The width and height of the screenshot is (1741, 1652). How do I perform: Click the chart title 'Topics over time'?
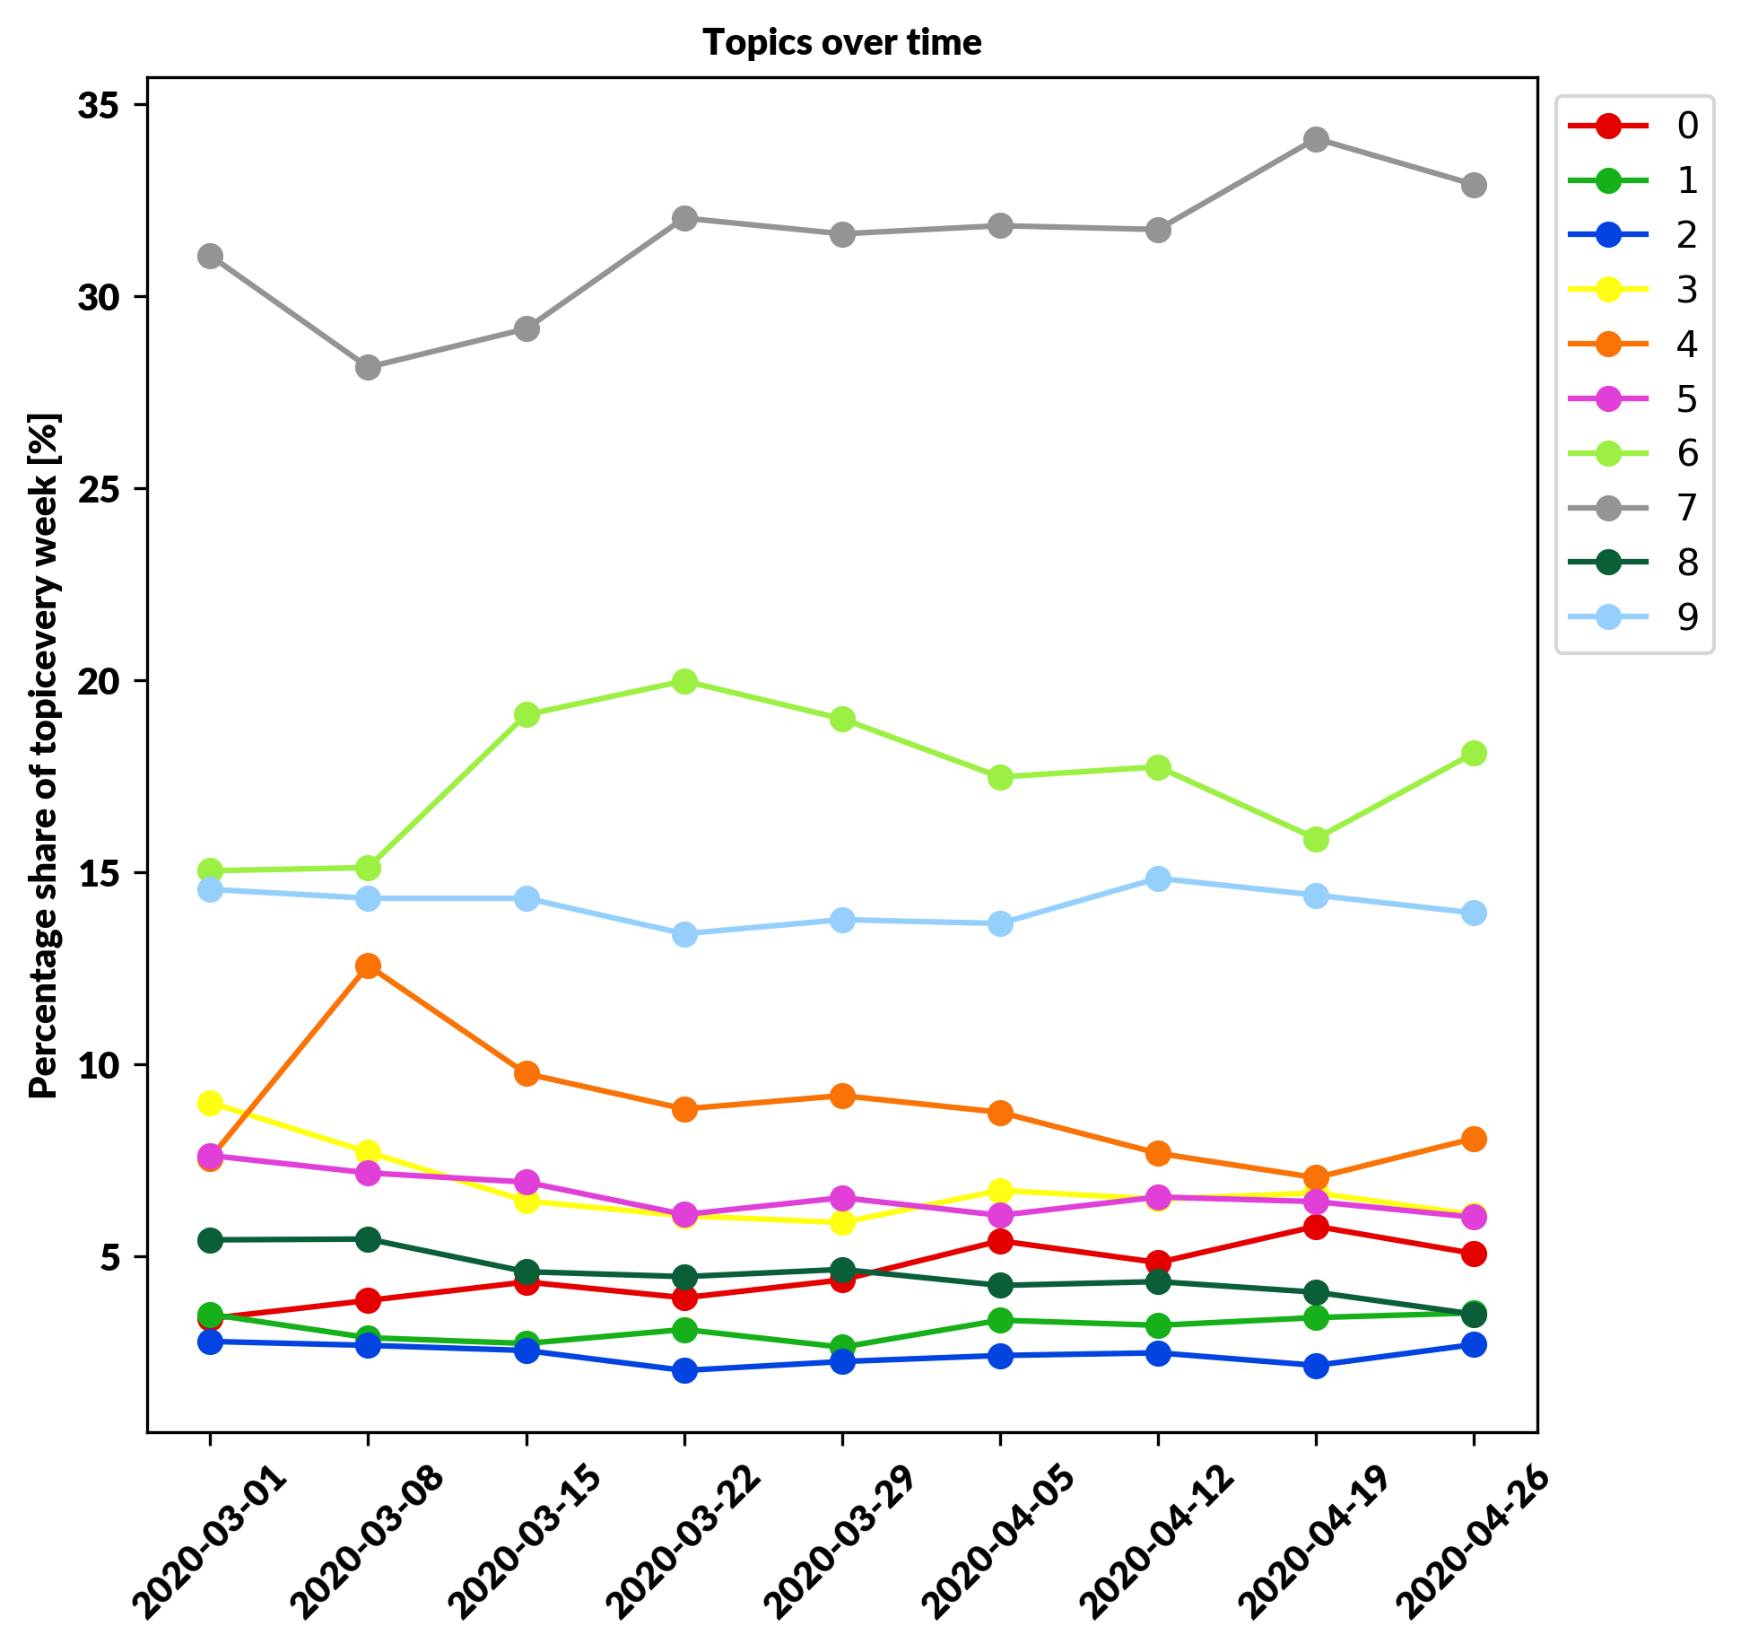coord(841,43)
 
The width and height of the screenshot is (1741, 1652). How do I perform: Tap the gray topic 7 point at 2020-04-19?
coord(1316,140)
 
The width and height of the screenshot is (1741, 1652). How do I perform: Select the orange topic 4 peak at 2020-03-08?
coord(368,966)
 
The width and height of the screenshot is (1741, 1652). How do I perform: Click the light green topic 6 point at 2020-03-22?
coord(684,681)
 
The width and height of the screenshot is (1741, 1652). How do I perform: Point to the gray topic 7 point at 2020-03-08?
coord(368,367)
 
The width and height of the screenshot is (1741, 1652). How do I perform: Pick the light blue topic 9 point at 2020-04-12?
coord(1158,878)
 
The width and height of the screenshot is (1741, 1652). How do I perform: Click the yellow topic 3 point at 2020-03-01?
coord(210,1103)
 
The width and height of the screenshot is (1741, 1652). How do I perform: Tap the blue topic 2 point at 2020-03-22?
coord(684,1370)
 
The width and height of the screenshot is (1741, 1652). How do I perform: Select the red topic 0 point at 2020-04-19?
coord(1316,1227)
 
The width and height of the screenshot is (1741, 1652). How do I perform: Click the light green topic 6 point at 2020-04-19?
coord(1316,839)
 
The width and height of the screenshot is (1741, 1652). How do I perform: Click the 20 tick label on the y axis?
coord(100,681)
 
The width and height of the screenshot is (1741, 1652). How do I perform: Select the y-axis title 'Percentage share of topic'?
coord(44,755)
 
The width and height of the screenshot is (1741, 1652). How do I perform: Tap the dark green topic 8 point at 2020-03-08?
coord(368,1239)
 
